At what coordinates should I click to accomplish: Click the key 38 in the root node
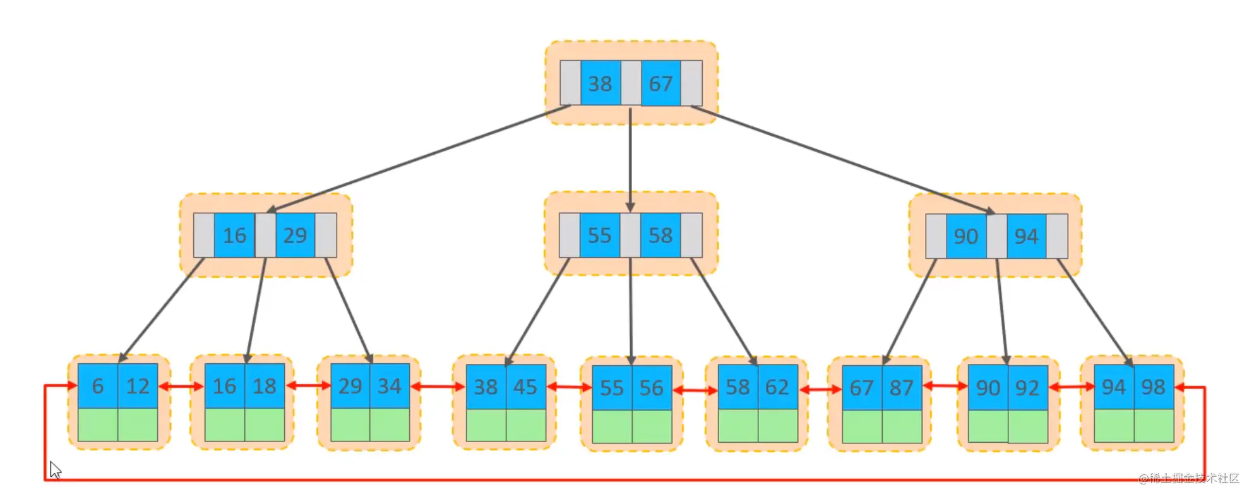click(600, 83)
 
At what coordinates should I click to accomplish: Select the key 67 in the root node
click(660, 83)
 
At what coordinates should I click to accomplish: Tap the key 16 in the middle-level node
click(234, 235)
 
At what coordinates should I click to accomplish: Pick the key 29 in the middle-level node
click(295, 235)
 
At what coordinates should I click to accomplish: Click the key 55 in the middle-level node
click(600, 235)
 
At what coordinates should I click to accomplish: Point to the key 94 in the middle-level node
click(1026, 236)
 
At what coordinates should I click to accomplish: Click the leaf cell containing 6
click(98, 385)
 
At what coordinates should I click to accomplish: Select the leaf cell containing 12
click(138, 385)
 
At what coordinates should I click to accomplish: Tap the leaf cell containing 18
click(265, 385)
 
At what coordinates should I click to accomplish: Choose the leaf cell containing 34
click(390, 385)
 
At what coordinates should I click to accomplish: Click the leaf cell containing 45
click(525, 387)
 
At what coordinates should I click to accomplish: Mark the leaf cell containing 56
click(652, 387)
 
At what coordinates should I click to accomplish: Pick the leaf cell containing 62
click(777, 387)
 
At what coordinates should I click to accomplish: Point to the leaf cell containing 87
click(902, 387)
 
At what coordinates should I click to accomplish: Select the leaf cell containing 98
click(1154, 387)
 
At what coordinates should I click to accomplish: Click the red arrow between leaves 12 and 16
click(181, 385)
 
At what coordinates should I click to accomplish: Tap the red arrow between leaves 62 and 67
click(820, 389)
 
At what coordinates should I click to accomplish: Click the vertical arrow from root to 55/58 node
click(630, 160)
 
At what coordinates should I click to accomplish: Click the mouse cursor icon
click(56, 470)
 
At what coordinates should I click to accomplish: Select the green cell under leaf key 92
click(1028, 426)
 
